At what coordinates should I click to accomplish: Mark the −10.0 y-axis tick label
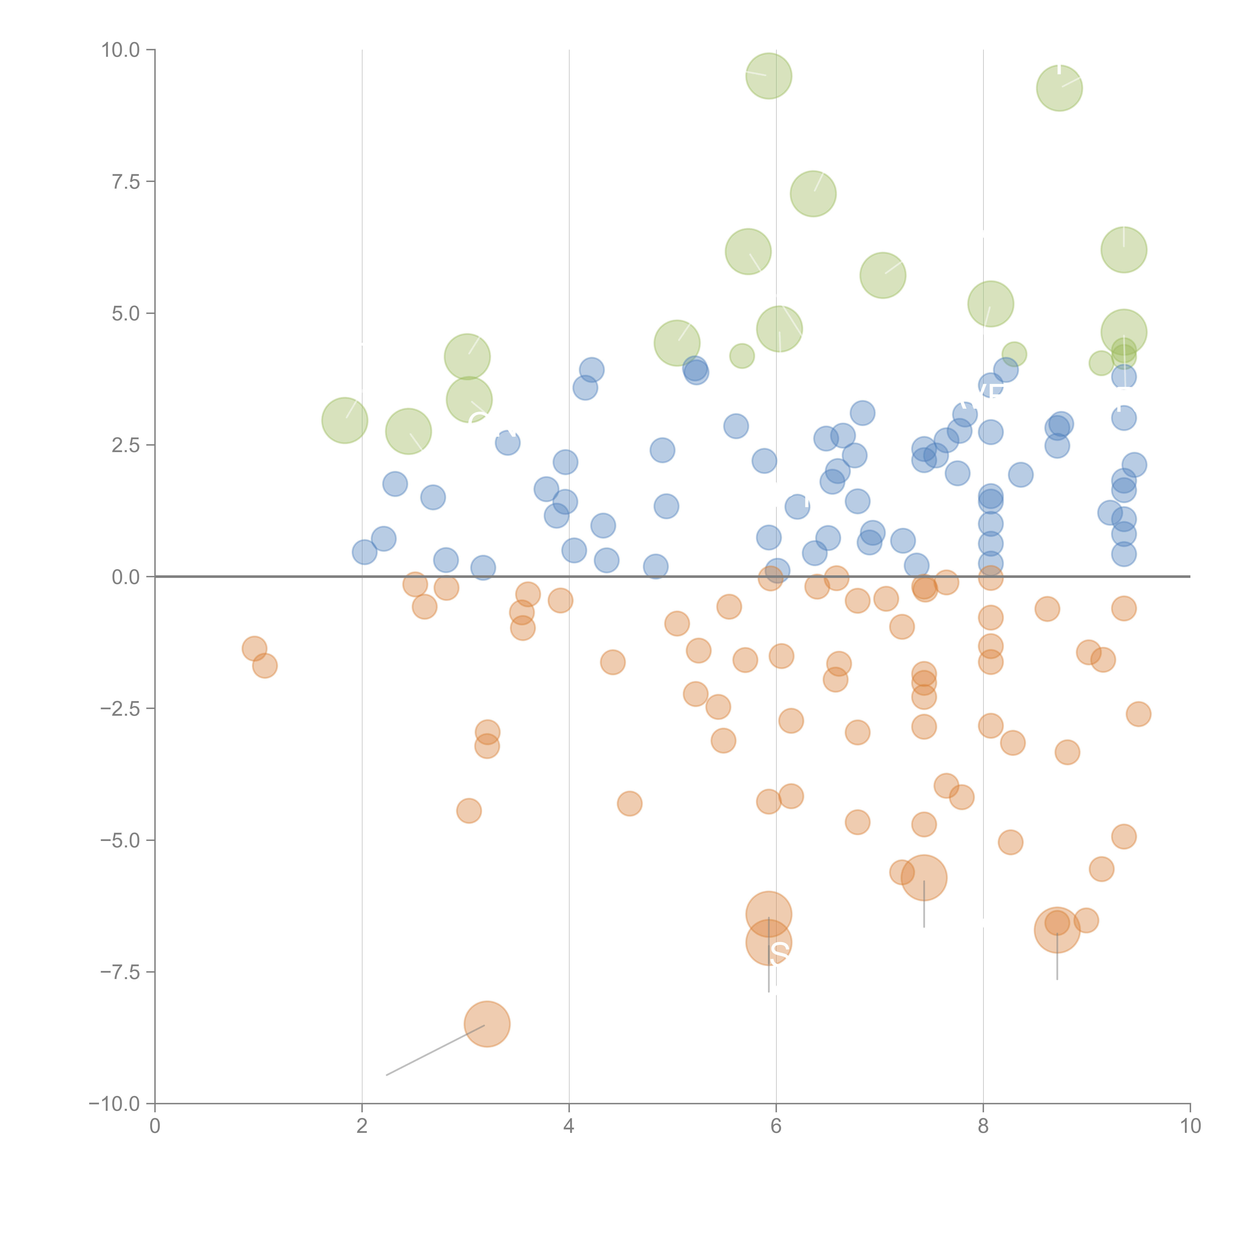point(114,1104)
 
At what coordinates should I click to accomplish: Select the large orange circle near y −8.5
point(487,1024)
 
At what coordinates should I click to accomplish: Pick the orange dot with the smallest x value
point(255,649)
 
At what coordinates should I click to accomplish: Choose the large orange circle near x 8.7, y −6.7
point(1057,930)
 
